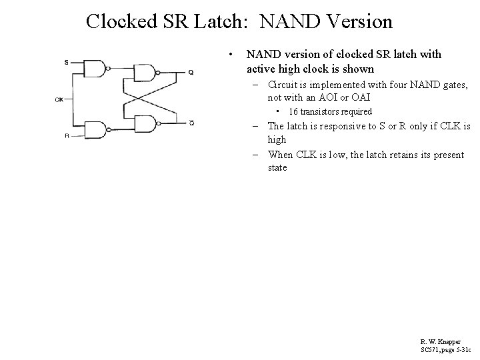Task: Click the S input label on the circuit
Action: [65, 63]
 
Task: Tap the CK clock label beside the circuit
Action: [59, 100]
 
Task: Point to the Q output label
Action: [191, 72]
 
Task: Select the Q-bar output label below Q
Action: [191, 123]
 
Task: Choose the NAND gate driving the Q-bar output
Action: [146, 123]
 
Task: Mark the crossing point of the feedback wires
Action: [148, 97]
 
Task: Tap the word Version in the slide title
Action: [357, 22]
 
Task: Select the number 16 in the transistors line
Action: [293, 111]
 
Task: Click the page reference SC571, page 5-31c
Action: [446, 349]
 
